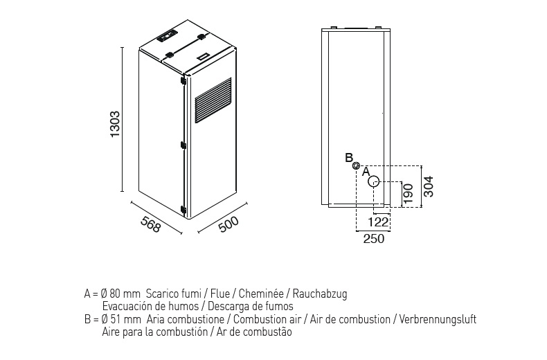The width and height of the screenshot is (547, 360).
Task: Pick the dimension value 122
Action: [x=378, y=223]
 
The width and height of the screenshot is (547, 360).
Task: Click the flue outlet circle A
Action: [x=373, y=181]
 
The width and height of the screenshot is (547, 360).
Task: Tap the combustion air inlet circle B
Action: [x=356, y=165]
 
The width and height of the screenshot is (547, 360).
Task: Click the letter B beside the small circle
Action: [x=349, y=157]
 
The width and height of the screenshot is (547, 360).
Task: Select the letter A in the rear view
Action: [x=366, y=170]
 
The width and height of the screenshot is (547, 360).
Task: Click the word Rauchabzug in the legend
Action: [x=322, y=294]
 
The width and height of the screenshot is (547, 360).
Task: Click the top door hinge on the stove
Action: [x=183, y=81]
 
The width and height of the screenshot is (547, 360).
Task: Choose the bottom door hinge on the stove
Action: [x=183, y=208]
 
